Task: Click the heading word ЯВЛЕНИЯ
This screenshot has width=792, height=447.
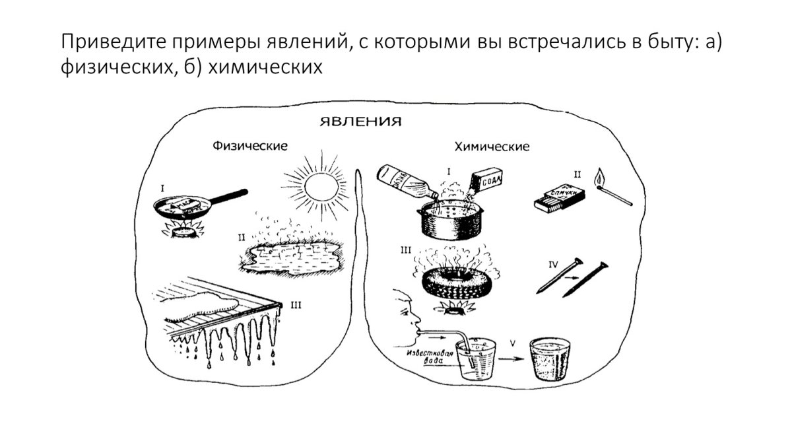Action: pos(360,123)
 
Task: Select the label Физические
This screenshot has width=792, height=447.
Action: pos(249,145)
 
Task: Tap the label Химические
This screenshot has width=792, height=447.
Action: pos(492,147)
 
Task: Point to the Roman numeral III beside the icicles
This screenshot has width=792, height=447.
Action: pos(295,304)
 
